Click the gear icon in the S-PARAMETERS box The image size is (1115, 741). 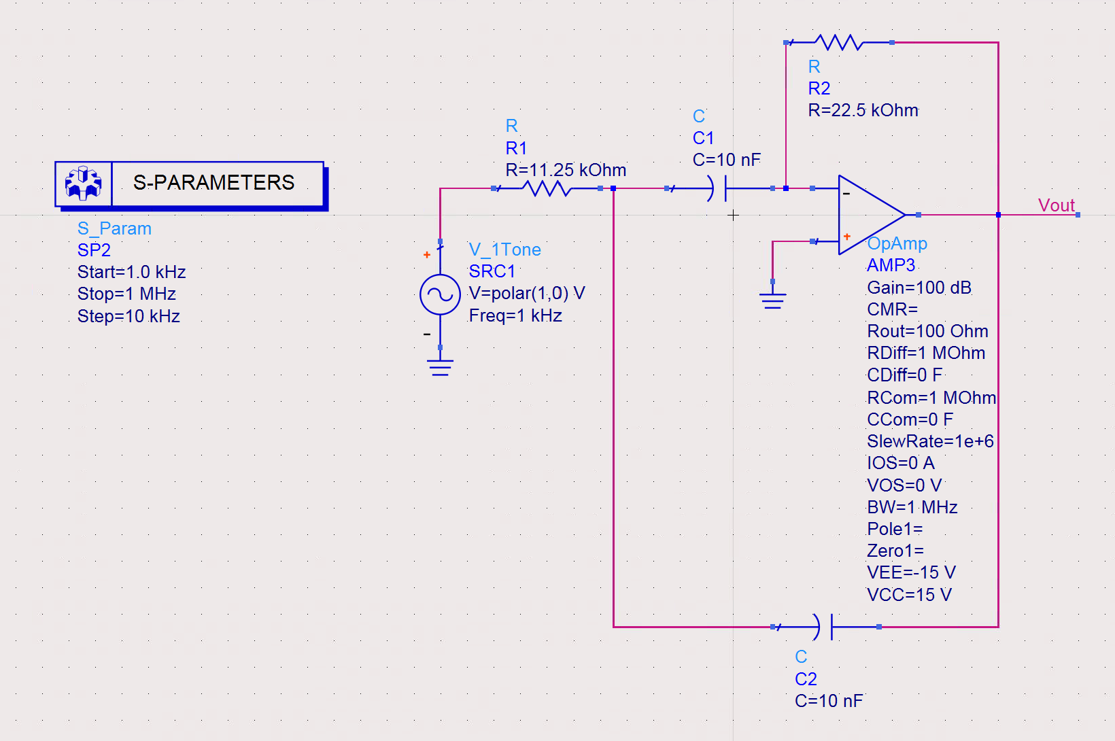point(83,183)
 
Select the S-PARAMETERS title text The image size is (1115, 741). point(213,183)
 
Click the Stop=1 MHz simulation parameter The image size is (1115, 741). point(126,294)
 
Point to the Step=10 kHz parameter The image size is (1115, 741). point(128,316)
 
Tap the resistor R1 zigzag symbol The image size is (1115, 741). point(547,188)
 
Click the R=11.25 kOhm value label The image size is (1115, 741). point(566,170)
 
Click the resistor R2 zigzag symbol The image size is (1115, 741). point(839,43)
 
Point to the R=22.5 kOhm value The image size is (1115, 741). point(863,111)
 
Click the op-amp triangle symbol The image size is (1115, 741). point(872,215)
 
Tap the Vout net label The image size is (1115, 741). point(1057,205)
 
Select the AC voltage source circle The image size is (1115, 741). point(440,294)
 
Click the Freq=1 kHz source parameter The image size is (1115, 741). point(515,316)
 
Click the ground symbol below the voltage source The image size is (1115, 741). point(440,367)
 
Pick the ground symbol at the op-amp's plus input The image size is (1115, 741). point(772,300)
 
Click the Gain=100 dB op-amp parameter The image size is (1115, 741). point(919,288)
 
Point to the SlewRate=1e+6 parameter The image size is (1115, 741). point(930,441)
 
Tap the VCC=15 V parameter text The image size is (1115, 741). point(910,595)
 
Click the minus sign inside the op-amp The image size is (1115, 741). point(846,194)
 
